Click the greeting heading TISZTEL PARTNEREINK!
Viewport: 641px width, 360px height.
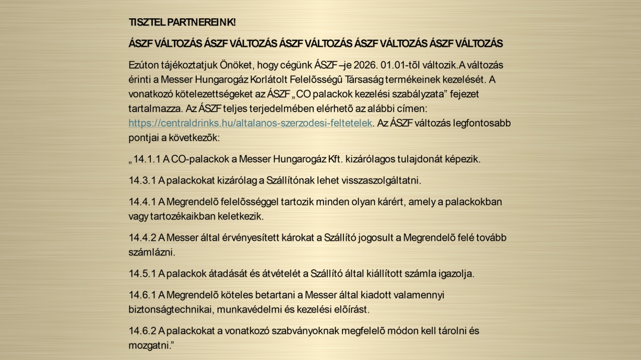click(x=182, y=22)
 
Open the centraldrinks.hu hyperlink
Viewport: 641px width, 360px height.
click(x=251, y=123)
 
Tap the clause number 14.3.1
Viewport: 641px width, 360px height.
click(x=142, y=181)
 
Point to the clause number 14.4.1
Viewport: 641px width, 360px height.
click(x=142, y=201)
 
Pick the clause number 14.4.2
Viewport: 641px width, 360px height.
click(x=142, y=238)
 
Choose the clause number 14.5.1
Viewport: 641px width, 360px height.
click(x=142, y=273)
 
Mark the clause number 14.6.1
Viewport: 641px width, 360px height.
click(x=142, y=295)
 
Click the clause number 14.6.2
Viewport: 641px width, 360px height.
click(x=142, y=331)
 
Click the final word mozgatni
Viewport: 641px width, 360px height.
click(x=149, y=345)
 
